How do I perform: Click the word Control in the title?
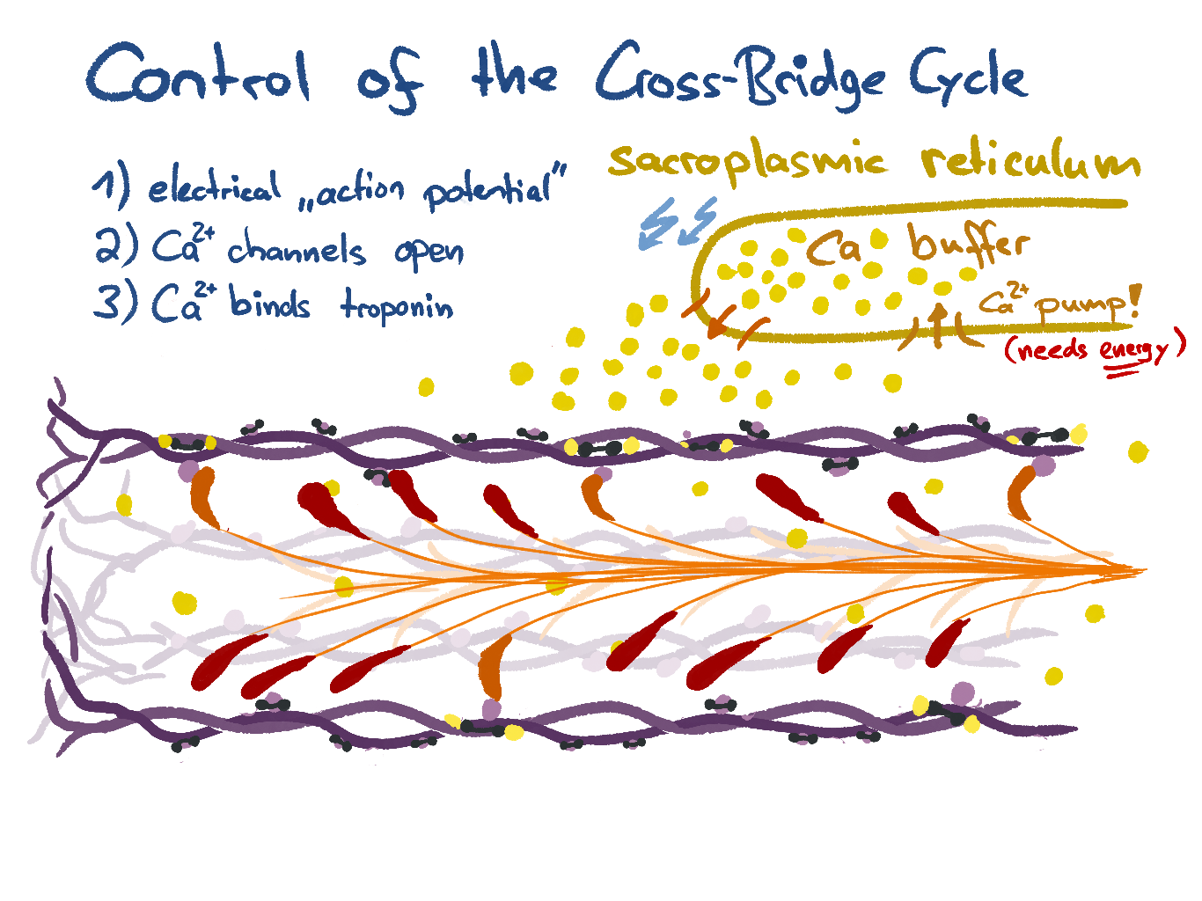pos(199,74)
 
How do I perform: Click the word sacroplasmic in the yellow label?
pos(748,162)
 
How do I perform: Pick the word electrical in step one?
pos(214,187)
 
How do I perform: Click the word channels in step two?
pos(297,251)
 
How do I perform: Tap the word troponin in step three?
pos(397,307)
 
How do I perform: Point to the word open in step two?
pos(429,253)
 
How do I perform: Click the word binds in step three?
pos(269,304)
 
